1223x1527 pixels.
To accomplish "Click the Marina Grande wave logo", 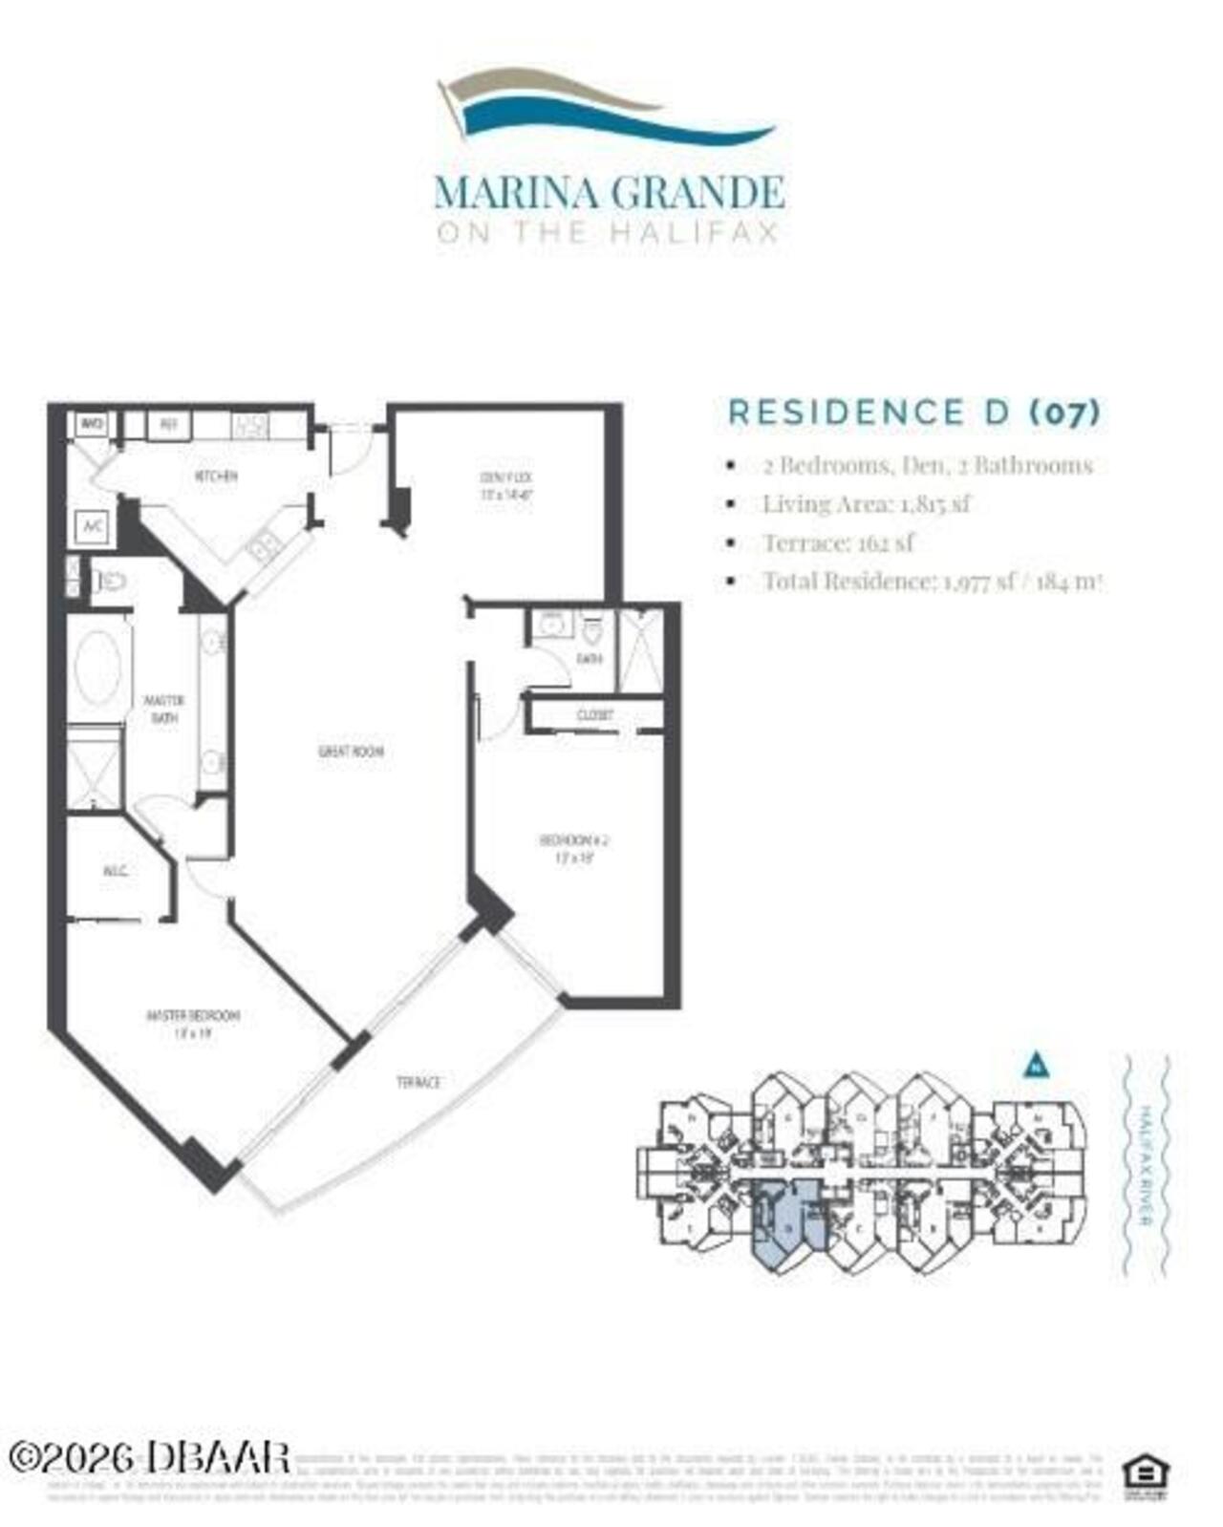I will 606,107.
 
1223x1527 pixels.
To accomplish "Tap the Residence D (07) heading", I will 914,413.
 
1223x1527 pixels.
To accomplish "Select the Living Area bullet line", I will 865,504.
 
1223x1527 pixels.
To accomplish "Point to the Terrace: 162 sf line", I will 837,543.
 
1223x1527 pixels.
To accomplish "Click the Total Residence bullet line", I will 932,582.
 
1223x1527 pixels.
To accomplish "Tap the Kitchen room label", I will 216,476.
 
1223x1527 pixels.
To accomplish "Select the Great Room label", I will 351,752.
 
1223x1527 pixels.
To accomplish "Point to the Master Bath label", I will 164,709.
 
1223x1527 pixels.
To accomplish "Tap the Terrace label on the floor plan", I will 418,1082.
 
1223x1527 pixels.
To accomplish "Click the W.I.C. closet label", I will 116,871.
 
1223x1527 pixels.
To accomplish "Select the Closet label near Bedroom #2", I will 594,715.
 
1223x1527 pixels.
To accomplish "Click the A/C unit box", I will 93,527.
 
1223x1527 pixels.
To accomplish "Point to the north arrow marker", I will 1037,1065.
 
